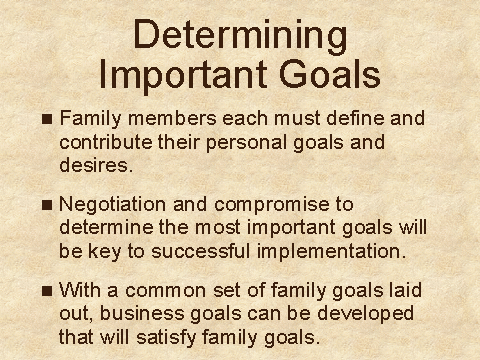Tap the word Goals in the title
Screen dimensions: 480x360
point(330,74)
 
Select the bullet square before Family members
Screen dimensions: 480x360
point(47,119)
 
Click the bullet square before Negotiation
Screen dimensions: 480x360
point(47,205)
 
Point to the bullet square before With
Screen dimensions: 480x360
point(47,291)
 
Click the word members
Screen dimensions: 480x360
point(172,118)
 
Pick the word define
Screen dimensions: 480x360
point(355,118)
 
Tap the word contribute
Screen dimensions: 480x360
point(106,142)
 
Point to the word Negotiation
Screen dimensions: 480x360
point(112,204)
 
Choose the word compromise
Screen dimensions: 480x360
point(272,205)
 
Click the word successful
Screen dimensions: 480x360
point(201,251)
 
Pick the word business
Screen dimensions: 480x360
point(142,313)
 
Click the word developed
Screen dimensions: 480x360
point(365,314)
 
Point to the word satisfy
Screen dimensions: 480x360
point(166,338)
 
